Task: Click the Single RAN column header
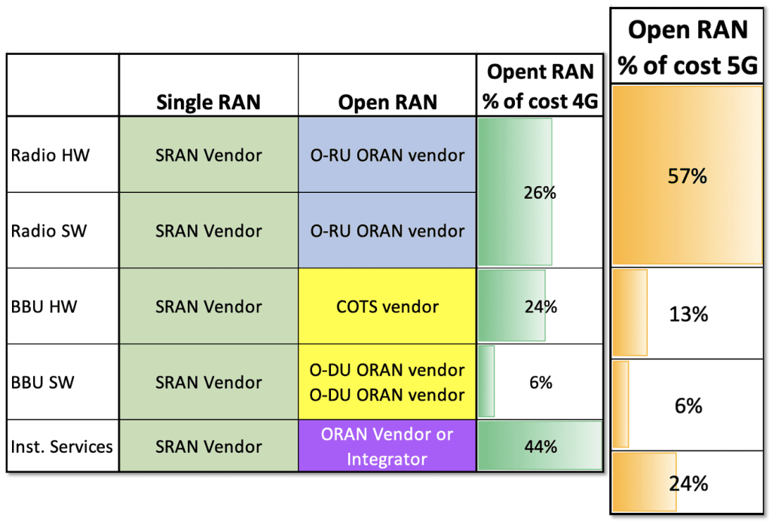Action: coord(208,102)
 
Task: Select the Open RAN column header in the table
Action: coord(388,102)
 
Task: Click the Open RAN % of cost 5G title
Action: coord(688,47)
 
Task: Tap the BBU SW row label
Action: coord(43,382)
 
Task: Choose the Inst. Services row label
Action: coord(62,446)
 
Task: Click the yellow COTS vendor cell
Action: coord(388,307)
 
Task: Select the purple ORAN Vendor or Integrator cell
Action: coord(388,446)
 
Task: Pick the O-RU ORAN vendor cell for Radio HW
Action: coord(388,155)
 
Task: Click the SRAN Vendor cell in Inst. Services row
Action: coord(208,446)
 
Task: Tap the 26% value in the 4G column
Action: coord(540,193)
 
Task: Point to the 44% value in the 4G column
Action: coord(540,446)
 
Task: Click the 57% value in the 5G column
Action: coord(688,176)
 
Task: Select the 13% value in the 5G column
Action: coord(688,314)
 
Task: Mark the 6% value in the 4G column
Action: coord(540,382)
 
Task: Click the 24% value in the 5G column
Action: coord(688,483)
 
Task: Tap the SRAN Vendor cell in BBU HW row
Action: coord(208,307)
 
